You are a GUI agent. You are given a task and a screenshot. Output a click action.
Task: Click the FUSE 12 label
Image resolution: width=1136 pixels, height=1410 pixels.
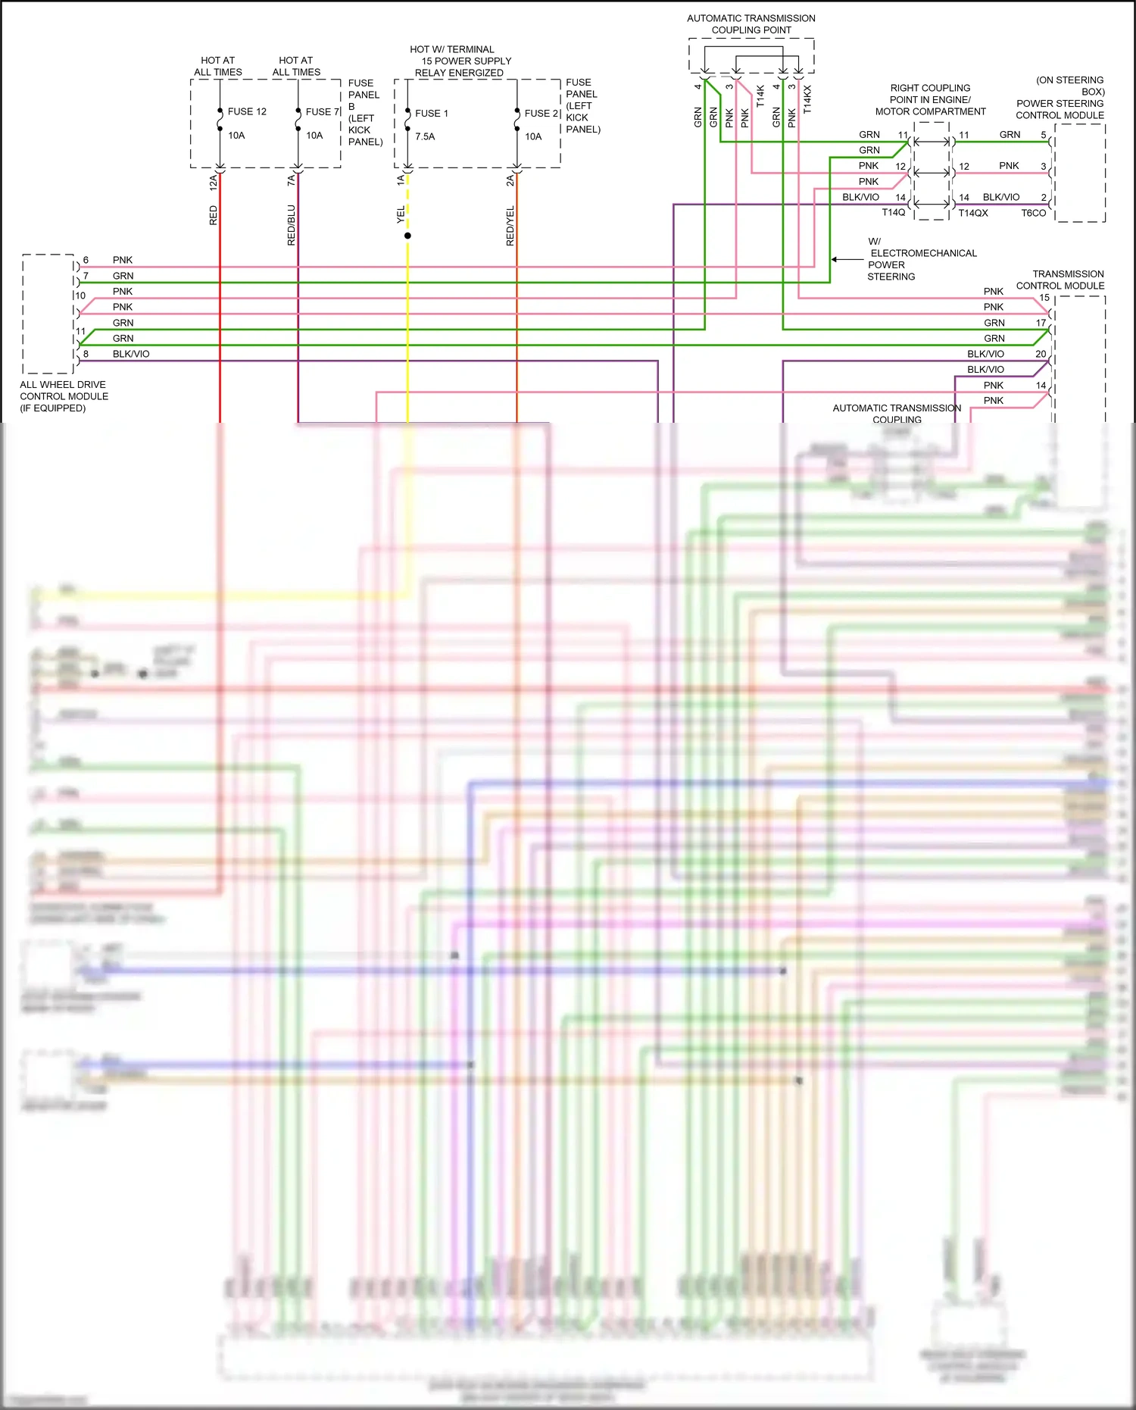click(247, 111)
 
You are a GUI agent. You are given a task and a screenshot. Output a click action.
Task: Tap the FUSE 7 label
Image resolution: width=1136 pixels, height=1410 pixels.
click(323, 111)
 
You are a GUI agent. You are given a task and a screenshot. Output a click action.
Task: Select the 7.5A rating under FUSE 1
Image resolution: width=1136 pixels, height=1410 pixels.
click(425, 136)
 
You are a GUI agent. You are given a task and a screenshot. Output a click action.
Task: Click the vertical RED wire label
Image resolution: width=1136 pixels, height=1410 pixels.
click(214, 215)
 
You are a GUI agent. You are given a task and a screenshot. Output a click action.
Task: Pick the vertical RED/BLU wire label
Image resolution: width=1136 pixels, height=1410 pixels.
click(292, 225)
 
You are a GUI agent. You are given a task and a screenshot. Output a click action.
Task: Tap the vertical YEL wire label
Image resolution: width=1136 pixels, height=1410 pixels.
click(401, 215)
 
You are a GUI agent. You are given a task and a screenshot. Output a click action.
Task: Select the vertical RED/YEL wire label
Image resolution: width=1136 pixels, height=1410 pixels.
click(510, 226)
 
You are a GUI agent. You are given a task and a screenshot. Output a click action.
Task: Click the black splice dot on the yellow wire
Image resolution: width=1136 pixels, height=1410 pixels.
click(407, 236)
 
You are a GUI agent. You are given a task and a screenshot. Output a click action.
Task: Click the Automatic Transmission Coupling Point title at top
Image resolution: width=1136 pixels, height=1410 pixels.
click(751, 24)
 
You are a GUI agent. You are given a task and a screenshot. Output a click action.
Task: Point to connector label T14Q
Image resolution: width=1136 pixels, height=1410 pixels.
click(893, 213)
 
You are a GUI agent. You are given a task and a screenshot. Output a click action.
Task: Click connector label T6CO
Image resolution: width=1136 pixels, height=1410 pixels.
click(1033, 213)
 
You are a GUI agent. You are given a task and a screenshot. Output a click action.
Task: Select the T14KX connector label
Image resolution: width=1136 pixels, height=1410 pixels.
click(807, 99)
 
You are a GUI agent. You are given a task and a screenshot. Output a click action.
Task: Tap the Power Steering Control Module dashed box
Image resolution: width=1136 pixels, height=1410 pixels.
click(1080, 173)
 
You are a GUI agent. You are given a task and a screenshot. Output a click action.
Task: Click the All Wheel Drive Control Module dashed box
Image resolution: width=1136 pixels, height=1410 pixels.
click(48, 314)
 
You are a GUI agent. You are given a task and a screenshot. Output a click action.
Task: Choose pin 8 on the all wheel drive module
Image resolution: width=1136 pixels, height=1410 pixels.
click(86, 354)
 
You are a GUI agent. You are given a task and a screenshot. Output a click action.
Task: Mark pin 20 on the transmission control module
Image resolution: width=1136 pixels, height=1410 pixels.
click(1041, 354)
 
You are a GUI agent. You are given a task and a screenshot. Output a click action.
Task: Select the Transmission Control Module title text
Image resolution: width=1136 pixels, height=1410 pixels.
click(1060, 280)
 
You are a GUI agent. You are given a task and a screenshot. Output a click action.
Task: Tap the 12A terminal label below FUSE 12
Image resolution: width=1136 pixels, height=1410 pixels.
click(214, 181)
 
